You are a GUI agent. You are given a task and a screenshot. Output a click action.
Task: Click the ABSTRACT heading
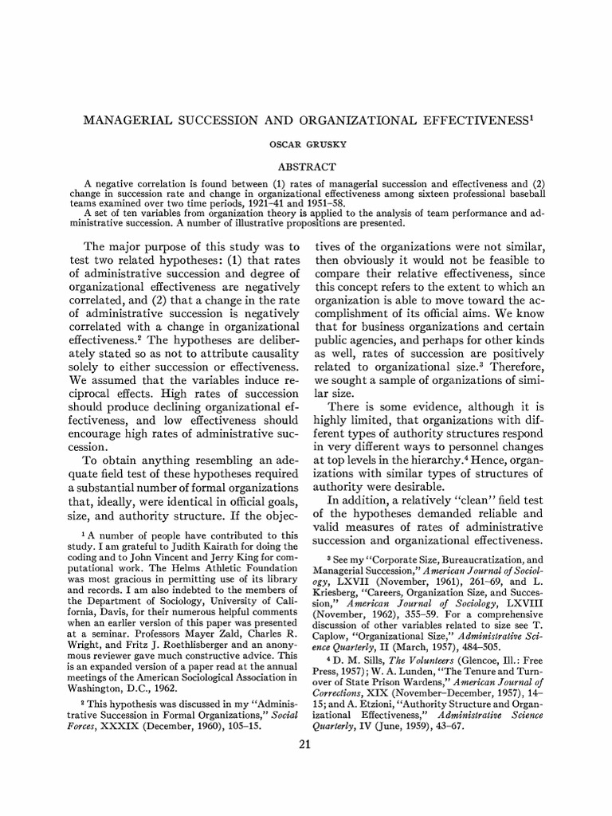(x=305, y=167)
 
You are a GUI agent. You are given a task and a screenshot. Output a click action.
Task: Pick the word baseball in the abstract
(x=510, y=194)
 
